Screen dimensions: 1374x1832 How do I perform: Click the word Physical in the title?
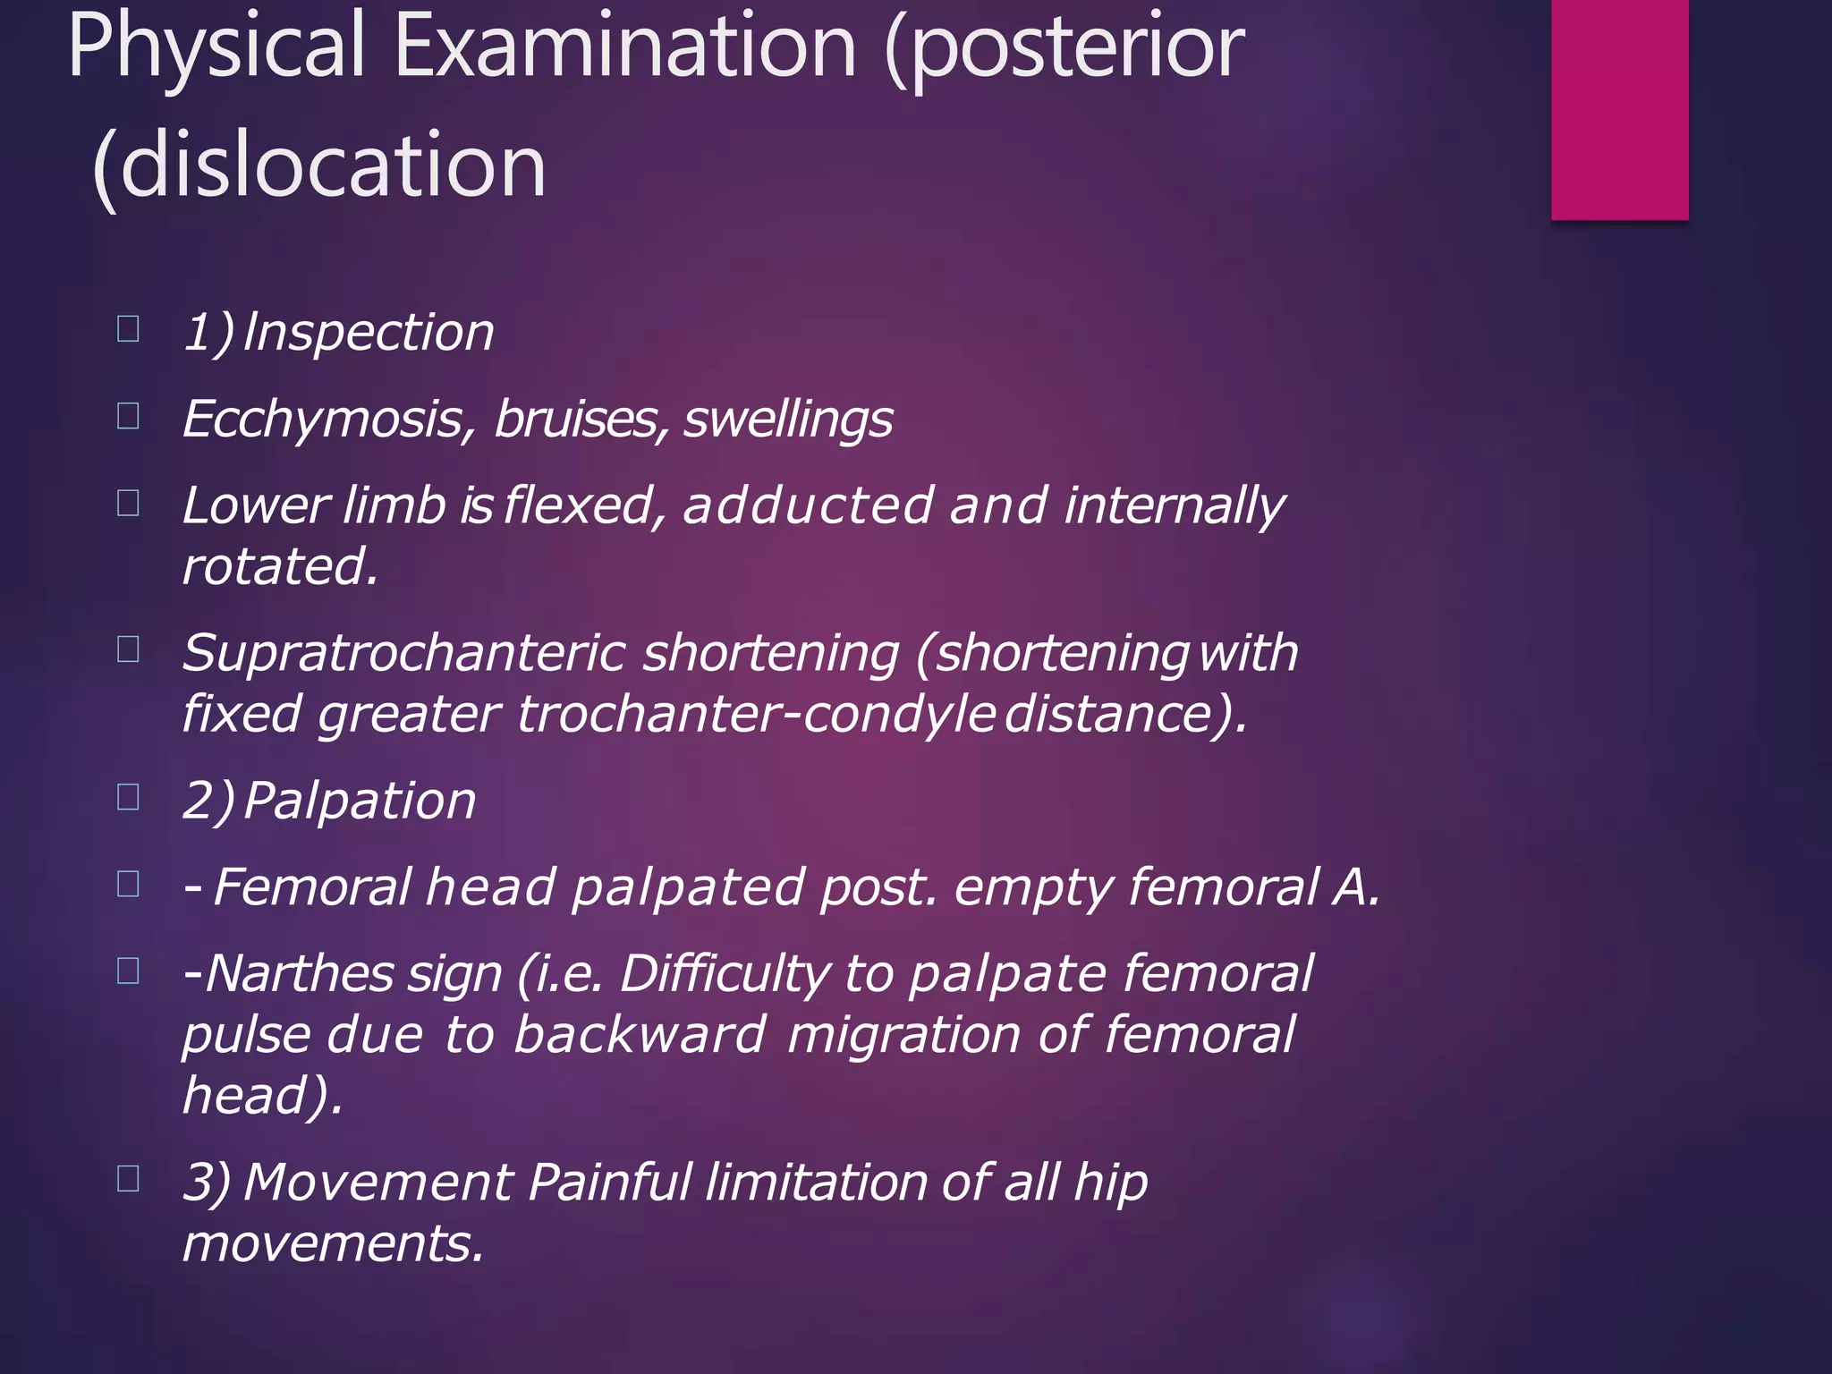click(x=216, y=47)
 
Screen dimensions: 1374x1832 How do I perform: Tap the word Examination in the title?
click(x=624, y=47)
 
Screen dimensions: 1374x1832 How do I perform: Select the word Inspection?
click(x=368, y=333)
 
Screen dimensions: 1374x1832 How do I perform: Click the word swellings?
click(x=788, y=420)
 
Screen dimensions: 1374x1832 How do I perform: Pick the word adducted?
click(x=808, y=505)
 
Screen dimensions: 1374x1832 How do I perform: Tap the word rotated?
click(x=280, y=566)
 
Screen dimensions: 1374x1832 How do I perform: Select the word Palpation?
click(x=360, y=800)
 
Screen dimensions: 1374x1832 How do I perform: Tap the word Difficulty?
click(x=724, y=973)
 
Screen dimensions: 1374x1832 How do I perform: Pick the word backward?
click(x=640, y=1034)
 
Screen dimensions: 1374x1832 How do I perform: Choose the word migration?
click(x=903, y=1034)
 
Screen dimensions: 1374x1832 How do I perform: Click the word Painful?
click(x=609, y=1183)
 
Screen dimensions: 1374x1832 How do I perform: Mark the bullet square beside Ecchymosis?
click(x=128, y=416)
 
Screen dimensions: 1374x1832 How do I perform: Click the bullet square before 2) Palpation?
click(x=128, y=796)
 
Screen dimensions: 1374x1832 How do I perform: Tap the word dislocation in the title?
click(x=332, y=165)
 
